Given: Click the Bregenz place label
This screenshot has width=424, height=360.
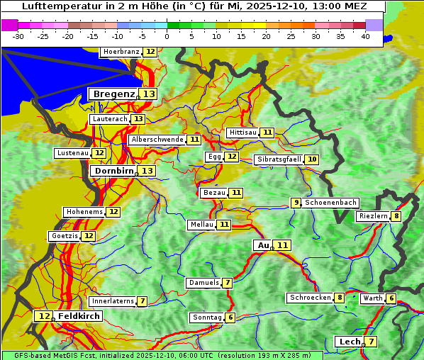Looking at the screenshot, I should (113, 94).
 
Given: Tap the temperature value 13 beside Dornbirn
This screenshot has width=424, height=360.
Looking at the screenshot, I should (147, 171).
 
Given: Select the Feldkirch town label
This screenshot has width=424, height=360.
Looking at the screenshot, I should (79, 316).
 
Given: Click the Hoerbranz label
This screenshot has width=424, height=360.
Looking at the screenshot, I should (121, 52).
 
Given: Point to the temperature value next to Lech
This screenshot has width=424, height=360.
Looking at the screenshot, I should (370, 342).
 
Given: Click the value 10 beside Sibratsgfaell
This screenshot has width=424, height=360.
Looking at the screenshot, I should (312, 159).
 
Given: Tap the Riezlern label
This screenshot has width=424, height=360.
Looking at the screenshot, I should (373, 216).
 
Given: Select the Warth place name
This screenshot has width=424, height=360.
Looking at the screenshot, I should (372, 298).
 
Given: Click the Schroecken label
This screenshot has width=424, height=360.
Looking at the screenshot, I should (310, 298).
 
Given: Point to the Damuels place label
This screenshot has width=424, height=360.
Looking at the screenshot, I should (203, 283).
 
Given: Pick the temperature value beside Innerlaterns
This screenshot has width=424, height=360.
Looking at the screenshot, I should (142, 301).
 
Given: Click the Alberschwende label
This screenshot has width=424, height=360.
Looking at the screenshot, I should (157, 140).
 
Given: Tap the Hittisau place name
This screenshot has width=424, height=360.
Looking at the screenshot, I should (242, 133).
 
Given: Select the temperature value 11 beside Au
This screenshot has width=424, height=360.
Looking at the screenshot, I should (283, 245).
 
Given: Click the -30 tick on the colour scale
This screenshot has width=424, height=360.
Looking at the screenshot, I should (18, 36).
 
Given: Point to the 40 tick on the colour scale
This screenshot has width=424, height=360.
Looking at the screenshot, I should (365, 36).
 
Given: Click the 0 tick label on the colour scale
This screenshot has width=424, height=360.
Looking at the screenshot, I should (167, 36).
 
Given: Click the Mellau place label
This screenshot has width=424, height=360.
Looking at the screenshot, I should (201, 225).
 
